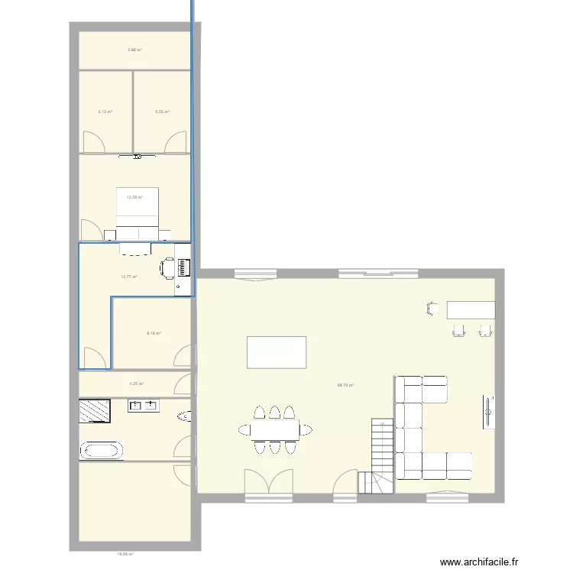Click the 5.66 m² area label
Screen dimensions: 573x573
(134, 50)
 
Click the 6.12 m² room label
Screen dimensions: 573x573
(105, 112)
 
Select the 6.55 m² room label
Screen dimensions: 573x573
(162, 112)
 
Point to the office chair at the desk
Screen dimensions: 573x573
(167, 267)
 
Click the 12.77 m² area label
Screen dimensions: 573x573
(128, 277)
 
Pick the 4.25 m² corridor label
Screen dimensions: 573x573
(136, 384)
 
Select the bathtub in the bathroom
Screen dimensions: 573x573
(101, 449)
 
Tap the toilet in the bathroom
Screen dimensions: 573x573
(183, 416)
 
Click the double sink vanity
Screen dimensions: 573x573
(144, 406)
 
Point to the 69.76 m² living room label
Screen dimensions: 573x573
(345, 386)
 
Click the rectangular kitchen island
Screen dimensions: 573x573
(276, 352)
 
